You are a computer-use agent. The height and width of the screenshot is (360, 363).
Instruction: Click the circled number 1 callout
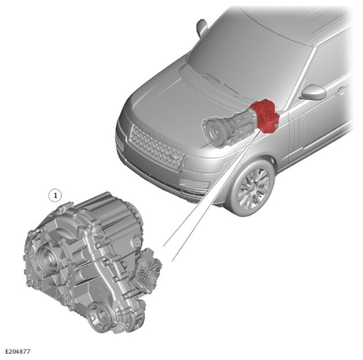55,196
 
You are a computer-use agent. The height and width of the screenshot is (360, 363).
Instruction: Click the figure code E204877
18,352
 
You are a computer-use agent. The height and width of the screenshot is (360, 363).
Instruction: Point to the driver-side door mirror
314,92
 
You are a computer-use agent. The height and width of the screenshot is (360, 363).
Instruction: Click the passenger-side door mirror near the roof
202,27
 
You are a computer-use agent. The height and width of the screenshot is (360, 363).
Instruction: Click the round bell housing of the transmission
214,131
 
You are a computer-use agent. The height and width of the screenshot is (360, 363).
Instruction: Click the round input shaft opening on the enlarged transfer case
47,257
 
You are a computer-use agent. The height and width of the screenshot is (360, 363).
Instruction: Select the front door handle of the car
341,91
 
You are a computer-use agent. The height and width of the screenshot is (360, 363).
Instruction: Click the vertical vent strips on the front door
300,137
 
